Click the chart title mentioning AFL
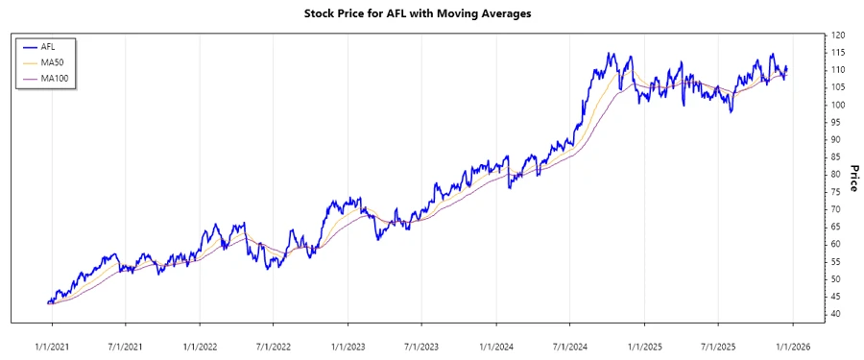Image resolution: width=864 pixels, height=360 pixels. pos(431,14)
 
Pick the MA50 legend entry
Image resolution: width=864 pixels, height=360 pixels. pos(52,62)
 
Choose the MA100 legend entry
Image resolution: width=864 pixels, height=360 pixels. pos(54,78)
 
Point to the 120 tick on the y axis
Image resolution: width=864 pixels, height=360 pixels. pos(838,36)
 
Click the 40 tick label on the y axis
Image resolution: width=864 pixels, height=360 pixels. pos(836,314)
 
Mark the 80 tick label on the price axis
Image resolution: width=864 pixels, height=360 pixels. pos(836,175)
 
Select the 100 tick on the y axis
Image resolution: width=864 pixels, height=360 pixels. pos(838,105)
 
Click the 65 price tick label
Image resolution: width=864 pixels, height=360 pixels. pos(836,227)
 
